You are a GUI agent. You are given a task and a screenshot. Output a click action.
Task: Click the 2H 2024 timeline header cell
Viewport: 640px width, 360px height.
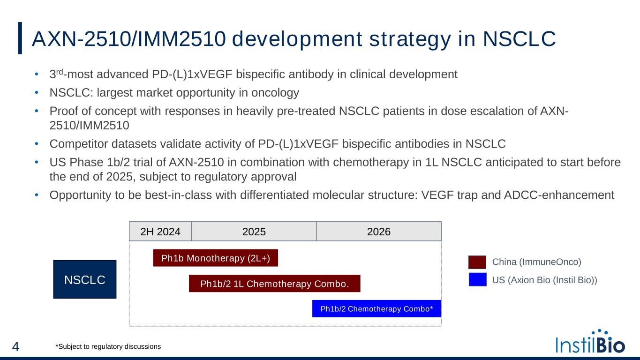coord(160,231)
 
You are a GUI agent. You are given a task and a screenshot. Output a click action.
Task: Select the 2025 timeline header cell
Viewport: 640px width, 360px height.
coord(254,231)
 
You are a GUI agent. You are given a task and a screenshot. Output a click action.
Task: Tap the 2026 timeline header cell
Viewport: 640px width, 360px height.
coord(379,231)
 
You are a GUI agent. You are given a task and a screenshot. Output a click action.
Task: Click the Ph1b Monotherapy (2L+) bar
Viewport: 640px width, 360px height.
coord(216,258)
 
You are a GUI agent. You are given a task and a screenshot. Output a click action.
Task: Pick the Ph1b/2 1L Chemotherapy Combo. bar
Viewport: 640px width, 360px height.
coord(274,284)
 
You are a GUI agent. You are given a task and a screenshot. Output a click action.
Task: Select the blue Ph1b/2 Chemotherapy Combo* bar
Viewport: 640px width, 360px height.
coord(376,308)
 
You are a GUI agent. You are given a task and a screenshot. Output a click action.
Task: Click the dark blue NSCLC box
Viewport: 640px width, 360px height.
coord(85,279)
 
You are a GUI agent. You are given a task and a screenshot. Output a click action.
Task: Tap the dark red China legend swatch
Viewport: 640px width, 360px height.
coord(477,262)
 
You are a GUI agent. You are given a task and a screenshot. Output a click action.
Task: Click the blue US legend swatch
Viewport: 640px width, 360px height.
coord(477,280)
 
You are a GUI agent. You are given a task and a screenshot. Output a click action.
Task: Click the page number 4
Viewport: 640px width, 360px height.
coord(15,347)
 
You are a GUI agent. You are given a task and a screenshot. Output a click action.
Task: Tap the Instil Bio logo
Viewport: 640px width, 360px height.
coord(590,342)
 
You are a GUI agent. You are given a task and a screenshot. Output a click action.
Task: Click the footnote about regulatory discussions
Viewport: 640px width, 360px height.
coord(108,346)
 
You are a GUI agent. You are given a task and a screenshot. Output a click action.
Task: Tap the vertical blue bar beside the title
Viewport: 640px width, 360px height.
coord(20,38)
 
